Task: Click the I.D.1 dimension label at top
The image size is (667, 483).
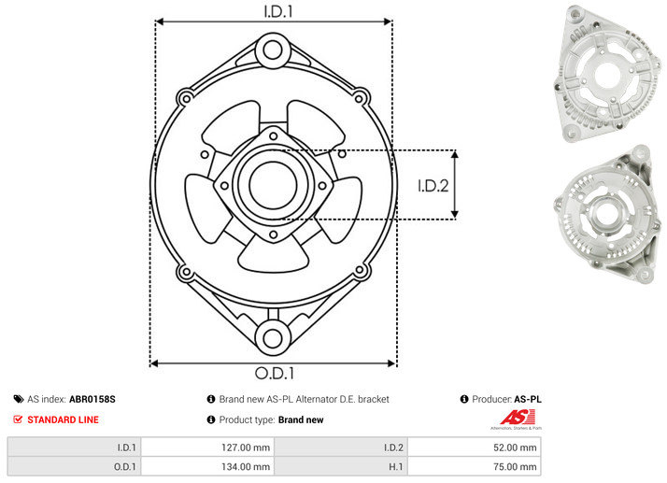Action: coord(278,11)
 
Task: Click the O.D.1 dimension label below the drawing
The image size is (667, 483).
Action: coord(275,373)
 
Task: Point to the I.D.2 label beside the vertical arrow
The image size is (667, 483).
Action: coord(433,186)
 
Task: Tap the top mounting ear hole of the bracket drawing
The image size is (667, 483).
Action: coord(273,50)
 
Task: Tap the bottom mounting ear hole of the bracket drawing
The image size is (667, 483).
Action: coord(273,338)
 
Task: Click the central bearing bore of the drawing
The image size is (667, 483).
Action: coord(273,185)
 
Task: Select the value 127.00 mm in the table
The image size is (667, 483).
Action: coord(246,447)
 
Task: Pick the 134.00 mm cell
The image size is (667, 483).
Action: coord(246,467)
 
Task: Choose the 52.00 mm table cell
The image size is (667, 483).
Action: coord(515,447)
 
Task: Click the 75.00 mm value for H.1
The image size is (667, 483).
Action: coord(515,467)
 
